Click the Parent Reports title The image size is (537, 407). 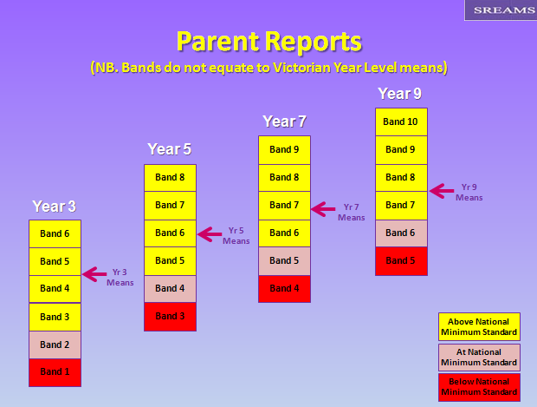pyautogui.click(x=269, y=42)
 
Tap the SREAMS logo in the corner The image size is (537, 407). pyautogui.click(x=501, y=10)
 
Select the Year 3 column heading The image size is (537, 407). pyautogui.click(x=54, y=207)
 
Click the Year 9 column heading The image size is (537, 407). pyautogui.click(x=399, y=94)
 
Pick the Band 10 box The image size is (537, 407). pyautogui.click(x=401, y=121)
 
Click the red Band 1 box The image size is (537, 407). pyautogui.click(x=55, y=372)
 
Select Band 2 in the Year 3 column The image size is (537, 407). pyautogui.click(x=55, y=345)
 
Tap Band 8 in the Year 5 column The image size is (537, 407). pyautogui.click(x=171, y=178)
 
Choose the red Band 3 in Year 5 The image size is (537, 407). pyautogui.click(x=171, y=317)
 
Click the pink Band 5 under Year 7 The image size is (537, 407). pyautogui.click(x=285, y=261)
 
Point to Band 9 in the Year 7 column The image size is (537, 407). pyautogui.click(x=285, y=150)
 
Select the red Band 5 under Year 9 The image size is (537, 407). pyautogui.click(x=401, y=261)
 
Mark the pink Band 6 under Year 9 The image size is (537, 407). pyautogui.click(x=401, y=233)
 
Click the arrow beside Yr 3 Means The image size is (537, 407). pyautogui.click(x=94, y=274)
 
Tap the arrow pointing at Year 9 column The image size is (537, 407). pyautogui.click(x=442, y=191)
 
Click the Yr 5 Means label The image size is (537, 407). pyautogui.click(x=236, y=236)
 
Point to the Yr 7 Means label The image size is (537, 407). pyautogui.click(x=352, y=212)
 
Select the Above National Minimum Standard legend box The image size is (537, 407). pyautogui.click(x=479, y=326)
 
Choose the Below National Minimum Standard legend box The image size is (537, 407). pyautogui.click(x=479, y=387)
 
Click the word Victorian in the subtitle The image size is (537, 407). pyautogui.click(x=301, y=68)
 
